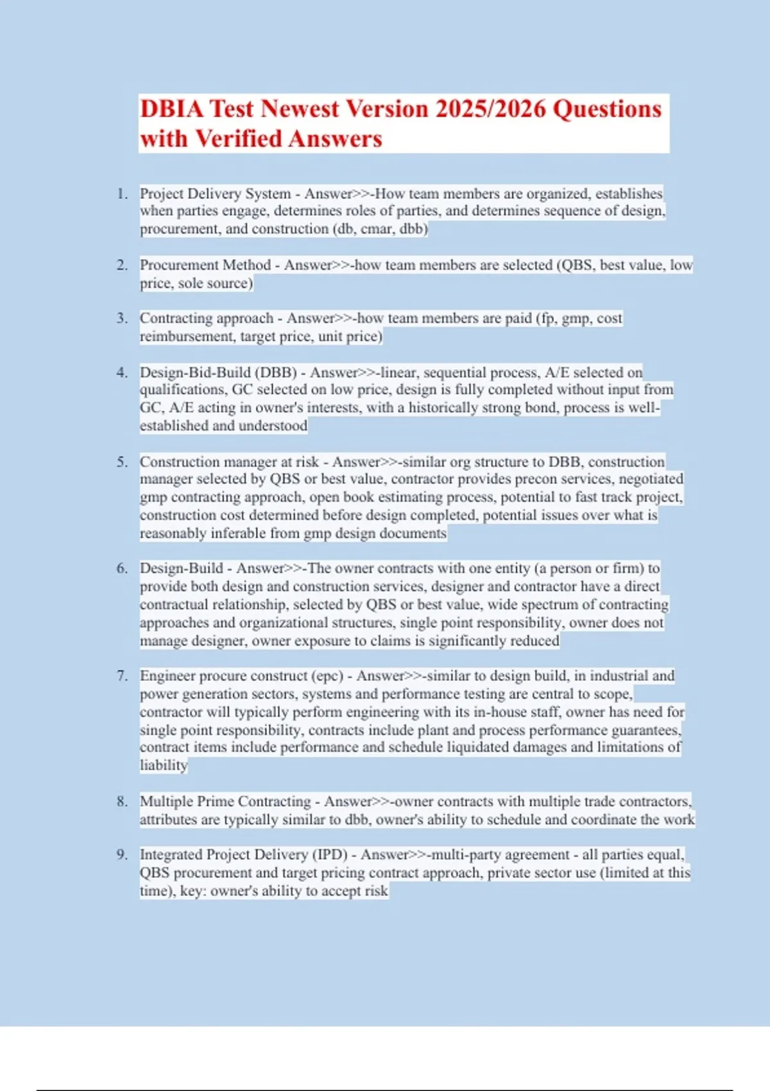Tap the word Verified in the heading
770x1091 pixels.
click(x=238, y=139)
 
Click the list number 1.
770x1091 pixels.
click(x=121, y=194)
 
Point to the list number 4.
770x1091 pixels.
click(x=121, y=372)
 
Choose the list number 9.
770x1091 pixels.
click(x=121, y=855)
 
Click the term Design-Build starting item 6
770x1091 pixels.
click(x=181, y=569)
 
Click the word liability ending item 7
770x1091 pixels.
click(x=164, y=765)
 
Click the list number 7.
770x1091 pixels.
click(x=121, y=676)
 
